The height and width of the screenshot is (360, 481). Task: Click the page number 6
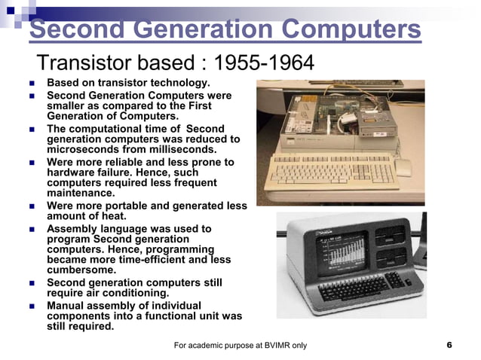[449, 345]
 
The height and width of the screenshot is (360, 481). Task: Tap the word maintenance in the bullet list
[80, 193]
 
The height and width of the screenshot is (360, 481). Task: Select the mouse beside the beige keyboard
[404, 168]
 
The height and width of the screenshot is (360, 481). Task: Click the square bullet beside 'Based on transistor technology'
[32, 83]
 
